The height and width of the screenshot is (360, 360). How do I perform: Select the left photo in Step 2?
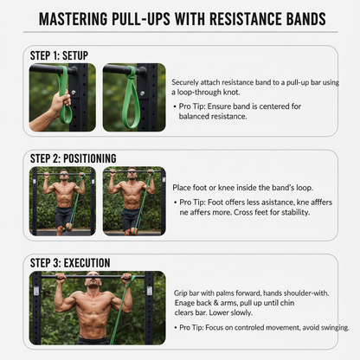coord(64,201)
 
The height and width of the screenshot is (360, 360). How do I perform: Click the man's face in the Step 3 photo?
coord(91,283)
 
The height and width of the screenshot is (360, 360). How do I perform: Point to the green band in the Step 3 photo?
coord(119,320)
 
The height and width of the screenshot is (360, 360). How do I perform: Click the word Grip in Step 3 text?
coord(179,293)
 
